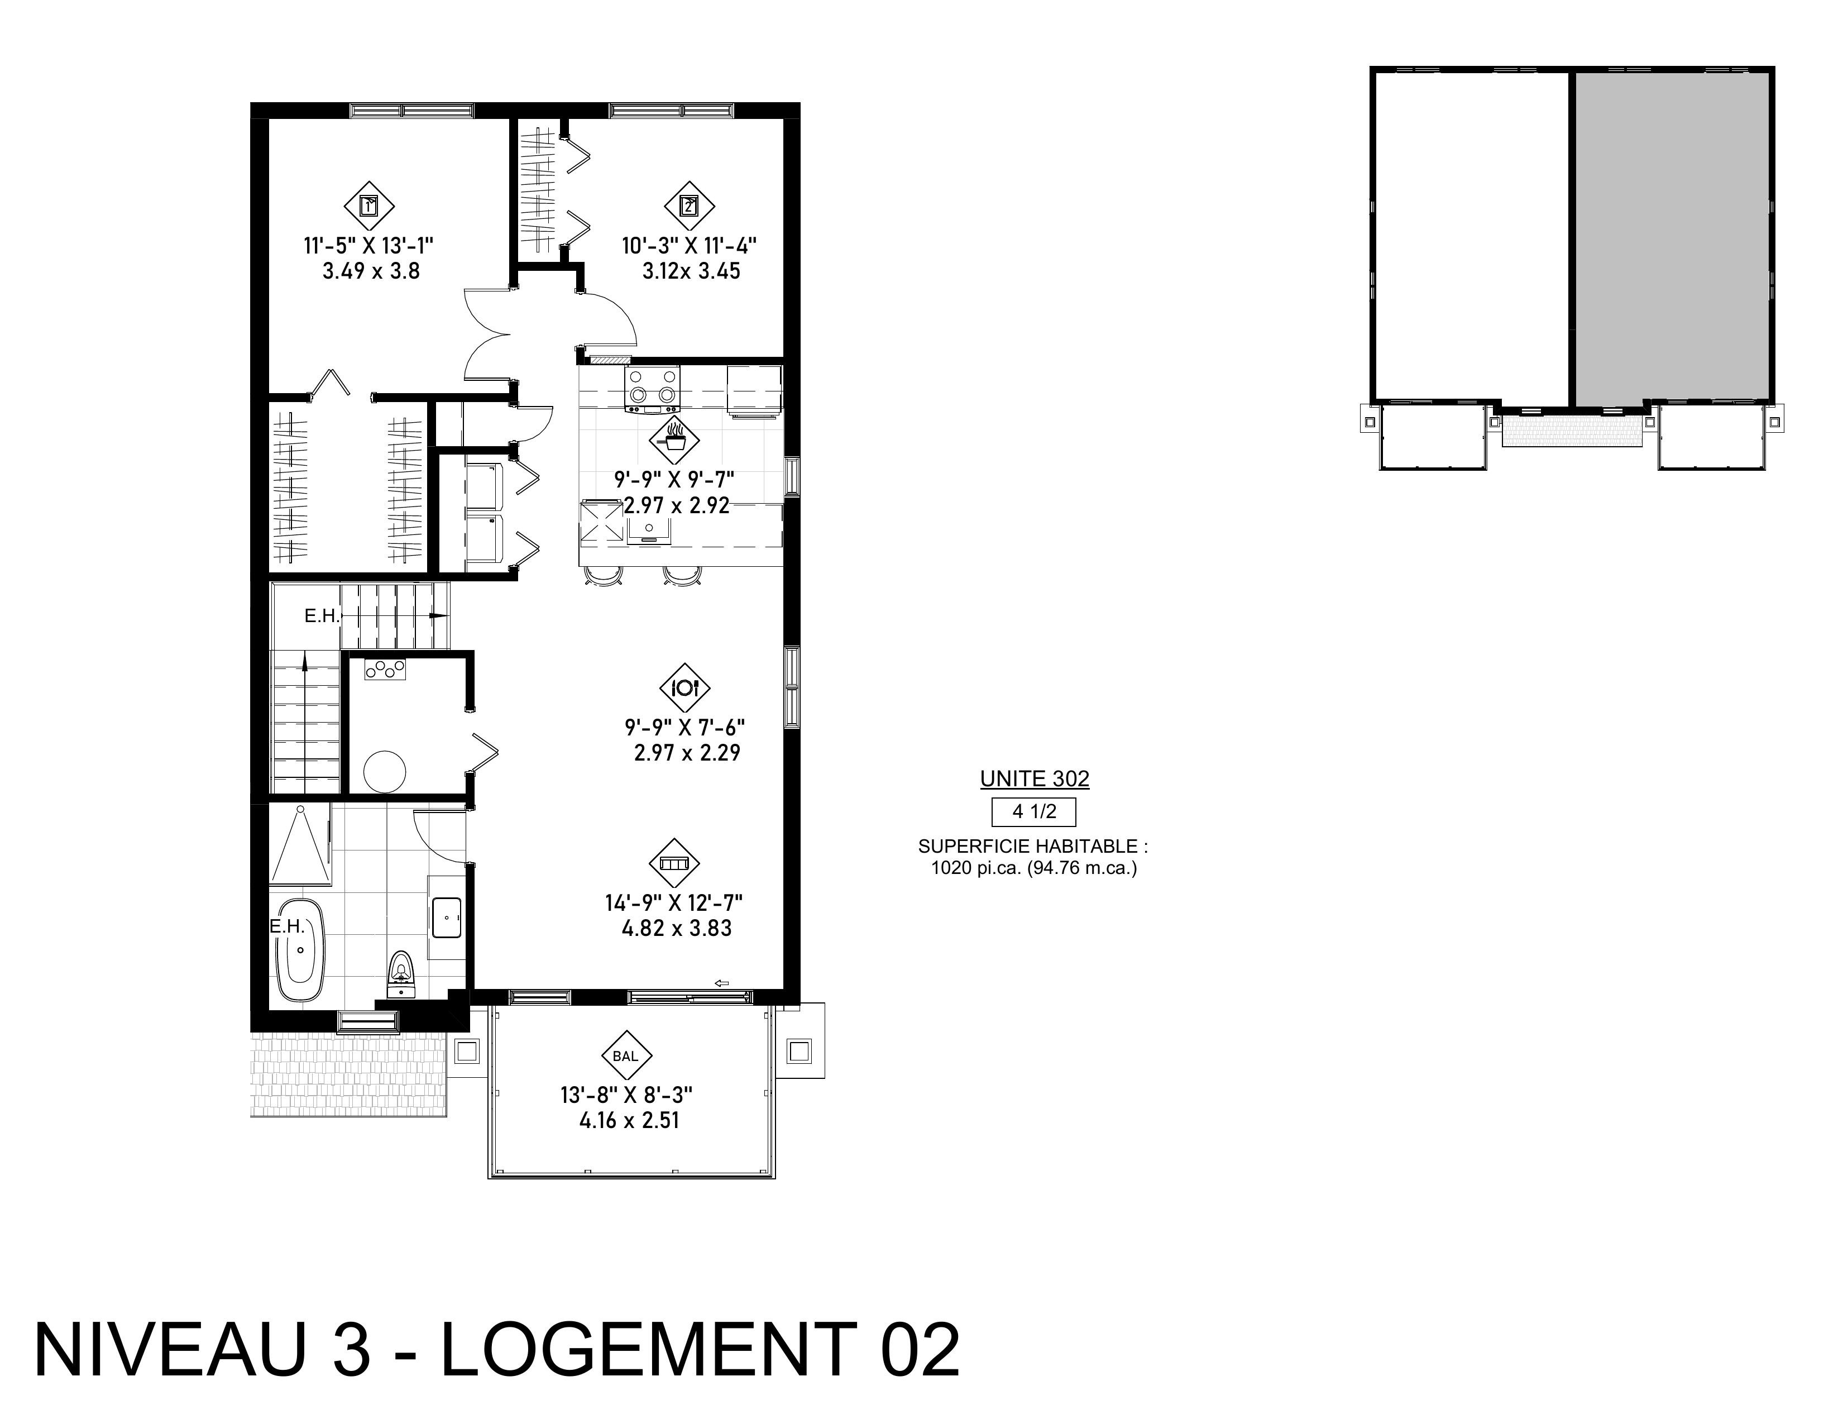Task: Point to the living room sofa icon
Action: pos(674,863)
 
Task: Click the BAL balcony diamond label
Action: pos(626,1055)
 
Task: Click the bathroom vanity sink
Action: pos(447,918)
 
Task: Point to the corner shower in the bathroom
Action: pos(300,844)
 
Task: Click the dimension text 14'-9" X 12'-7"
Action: pos(673,903)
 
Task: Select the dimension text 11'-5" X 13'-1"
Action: pos(369,246)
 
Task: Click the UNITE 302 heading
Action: pos(1035,778)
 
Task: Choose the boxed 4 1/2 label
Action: pos(1034,812)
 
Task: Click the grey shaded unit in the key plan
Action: pos(1672,236)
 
